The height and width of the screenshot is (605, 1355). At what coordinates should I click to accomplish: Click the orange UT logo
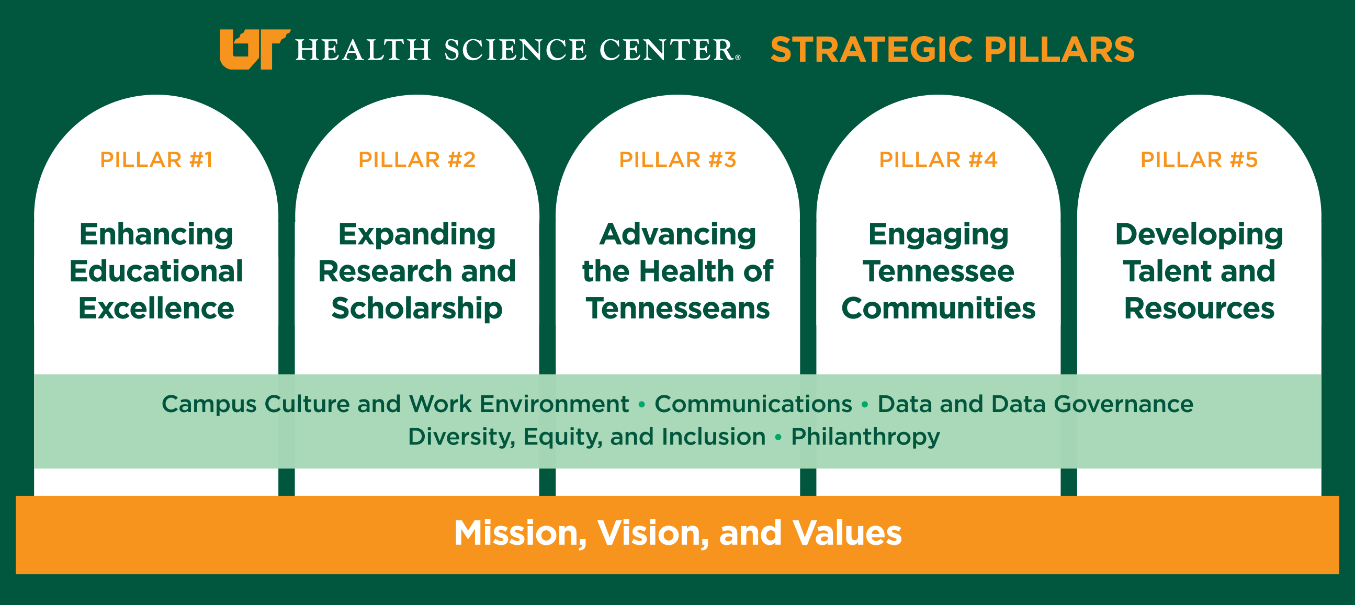coord(255,49)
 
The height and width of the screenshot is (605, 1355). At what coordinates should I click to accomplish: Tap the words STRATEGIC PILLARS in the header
coord(952,50)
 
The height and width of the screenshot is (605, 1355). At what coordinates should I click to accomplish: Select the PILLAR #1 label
coord(156,160)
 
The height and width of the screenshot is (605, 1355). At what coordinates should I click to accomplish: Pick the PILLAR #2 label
coord(417,160)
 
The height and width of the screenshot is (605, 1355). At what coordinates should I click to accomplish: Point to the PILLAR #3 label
coord(677,160)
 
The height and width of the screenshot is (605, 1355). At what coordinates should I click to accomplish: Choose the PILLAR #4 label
coord(939,160)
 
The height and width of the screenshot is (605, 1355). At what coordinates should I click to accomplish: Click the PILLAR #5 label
coord(1199,160)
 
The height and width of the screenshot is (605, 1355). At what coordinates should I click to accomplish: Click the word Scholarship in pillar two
coord(417,309)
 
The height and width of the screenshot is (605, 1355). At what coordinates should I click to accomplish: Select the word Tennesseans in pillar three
coord(677,308)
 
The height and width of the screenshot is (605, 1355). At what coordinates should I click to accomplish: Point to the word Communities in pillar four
coord(939,308)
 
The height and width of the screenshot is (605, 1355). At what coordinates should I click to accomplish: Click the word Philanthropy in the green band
coord(865,437)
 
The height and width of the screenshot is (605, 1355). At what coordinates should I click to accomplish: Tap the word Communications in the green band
coord(753,404)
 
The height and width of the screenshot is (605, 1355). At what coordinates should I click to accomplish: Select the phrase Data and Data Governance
coord(1035,404)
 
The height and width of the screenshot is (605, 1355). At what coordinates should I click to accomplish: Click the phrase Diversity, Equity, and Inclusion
coord(586,437)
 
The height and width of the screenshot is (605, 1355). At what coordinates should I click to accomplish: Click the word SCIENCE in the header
coord(515,50)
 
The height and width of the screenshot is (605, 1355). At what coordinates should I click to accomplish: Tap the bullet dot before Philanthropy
coord(778,437)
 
